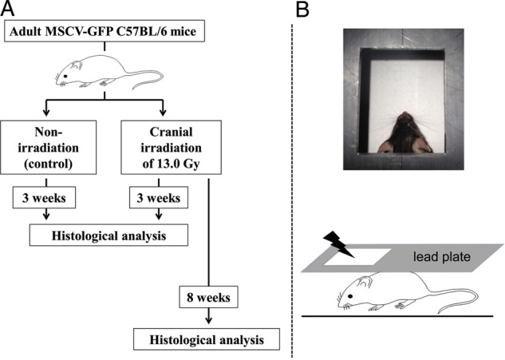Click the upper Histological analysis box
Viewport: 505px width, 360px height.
(x=109, y=235)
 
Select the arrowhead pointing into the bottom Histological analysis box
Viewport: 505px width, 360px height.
(x=209, y=322)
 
